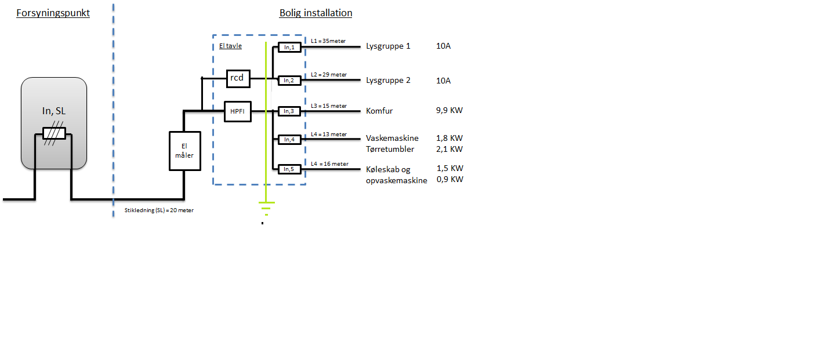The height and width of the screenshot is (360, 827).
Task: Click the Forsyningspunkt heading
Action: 53,13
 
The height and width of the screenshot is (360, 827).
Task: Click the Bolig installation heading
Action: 315,13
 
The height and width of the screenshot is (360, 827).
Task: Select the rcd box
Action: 238,78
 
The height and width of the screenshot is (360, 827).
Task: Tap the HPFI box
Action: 238,111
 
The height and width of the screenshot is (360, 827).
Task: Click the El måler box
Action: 184,151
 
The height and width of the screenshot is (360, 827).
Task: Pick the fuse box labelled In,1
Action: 290,48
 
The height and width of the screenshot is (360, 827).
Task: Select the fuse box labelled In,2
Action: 290,81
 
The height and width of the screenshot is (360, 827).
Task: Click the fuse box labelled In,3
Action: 290,111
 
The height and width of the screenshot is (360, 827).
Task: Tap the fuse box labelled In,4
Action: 290,139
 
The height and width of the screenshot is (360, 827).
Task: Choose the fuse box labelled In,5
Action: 290,169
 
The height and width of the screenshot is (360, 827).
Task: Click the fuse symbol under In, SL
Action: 54,133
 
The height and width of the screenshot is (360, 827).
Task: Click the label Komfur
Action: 380,110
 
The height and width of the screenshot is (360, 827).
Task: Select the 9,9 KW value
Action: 449,110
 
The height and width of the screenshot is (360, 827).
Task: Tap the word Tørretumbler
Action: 390,150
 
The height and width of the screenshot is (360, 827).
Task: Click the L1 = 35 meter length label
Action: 328,41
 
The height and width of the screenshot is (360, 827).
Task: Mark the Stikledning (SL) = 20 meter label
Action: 159,210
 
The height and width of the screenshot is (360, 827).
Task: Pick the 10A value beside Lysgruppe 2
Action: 444,81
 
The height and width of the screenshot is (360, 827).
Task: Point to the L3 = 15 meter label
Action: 329,106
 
